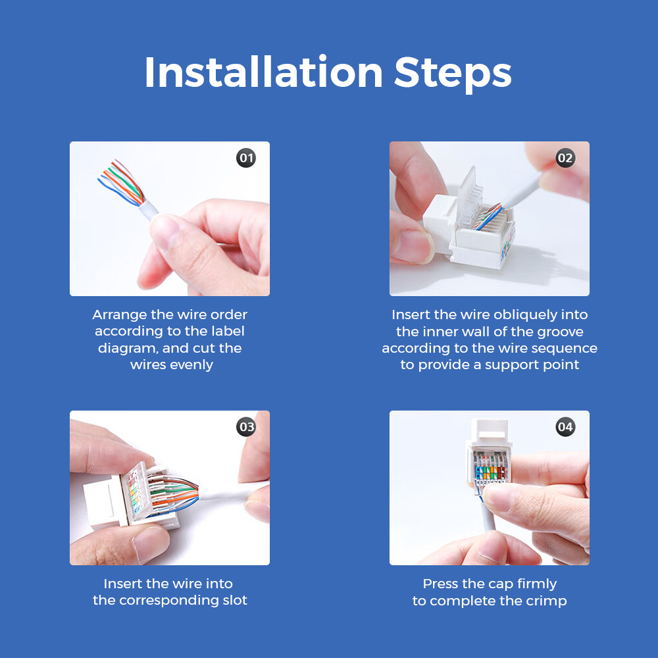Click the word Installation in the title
264,72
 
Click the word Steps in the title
453,75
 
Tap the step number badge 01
246,158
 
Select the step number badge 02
565,158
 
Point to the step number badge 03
246,427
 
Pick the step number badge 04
565,427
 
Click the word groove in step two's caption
560,332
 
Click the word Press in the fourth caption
437,584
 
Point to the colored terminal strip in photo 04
490,472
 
